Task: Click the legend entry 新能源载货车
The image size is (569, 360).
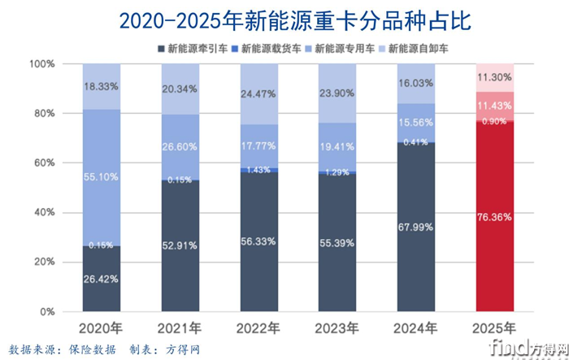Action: click(271, 48)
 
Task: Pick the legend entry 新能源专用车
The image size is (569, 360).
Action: click(346, 48)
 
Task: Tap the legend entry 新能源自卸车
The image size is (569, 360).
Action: click(421, 48)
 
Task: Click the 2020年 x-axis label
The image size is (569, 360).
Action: click(102, 328)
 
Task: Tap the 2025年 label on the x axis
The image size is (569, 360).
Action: click(495, 328)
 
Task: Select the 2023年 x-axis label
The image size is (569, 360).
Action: click(337, 328)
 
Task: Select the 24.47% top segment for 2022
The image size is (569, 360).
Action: click(258, 93)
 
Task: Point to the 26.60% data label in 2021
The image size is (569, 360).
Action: click(180, 147)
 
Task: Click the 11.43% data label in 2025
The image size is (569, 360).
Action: click(495, 106)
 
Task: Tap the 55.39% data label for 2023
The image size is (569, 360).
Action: click(337, 243)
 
